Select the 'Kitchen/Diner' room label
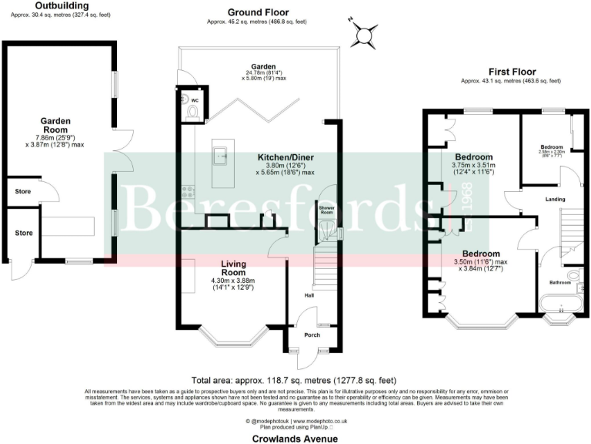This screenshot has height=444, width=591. pos(285,157)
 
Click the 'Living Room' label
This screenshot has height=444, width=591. pos(233,267)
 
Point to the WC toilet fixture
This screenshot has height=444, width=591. pos(192,112)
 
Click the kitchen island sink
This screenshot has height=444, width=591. pos(222,156)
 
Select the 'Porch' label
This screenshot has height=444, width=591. pos(312,335)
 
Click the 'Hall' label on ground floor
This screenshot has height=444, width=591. pos(309,294)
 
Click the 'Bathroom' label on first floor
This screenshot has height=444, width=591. pos(559,283)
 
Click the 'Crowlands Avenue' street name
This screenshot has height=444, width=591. pos(295,439)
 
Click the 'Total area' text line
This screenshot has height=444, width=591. pos(294,381)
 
